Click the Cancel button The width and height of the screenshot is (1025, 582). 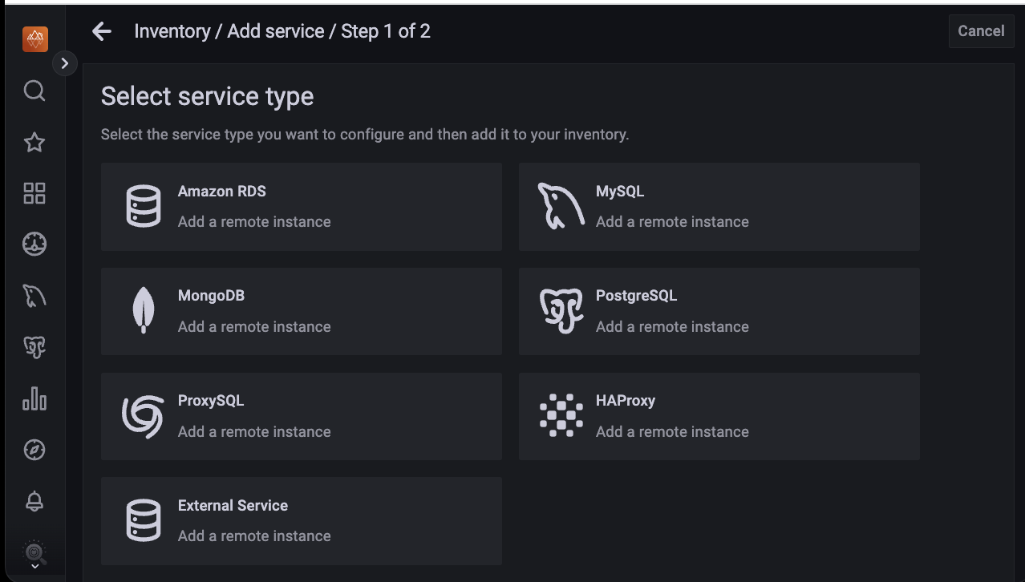(981, 31)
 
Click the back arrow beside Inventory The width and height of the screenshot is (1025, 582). (102, 31)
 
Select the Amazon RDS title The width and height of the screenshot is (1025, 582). (221, 192)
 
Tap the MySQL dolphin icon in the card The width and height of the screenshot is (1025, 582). (561, 206)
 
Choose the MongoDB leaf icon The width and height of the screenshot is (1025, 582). (144, 310)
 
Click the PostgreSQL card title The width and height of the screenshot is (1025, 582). (636, 296)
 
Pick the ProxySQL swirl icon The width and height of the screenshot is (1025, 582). (144, 416)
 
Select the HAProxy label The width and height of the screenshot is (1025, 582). (625, 401)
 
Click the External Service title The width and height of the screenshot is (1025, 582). (233, 506)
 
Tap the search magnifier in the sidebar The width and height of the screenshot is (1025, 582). (34, 91)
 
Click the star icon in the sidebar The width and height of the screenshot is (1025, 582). (34, 143)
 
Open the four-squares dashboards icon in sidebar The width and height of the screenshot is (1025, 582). (34, 193)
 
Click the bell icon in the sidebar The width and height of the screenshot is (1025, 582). (34, 501)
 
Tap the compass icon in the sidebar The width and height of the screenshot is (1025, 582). (34, 450)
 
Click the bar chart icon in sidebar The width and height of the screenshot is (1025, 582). (34, 398)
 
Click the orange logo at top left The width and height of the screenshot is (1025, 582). (35, 39)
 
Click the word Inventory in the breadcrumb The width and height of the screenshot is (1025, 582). (172, 31)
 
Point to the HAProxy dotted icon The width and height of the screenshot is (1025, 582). (561, 415)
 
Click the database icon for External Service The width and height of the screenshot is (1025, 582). (144, 520)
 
